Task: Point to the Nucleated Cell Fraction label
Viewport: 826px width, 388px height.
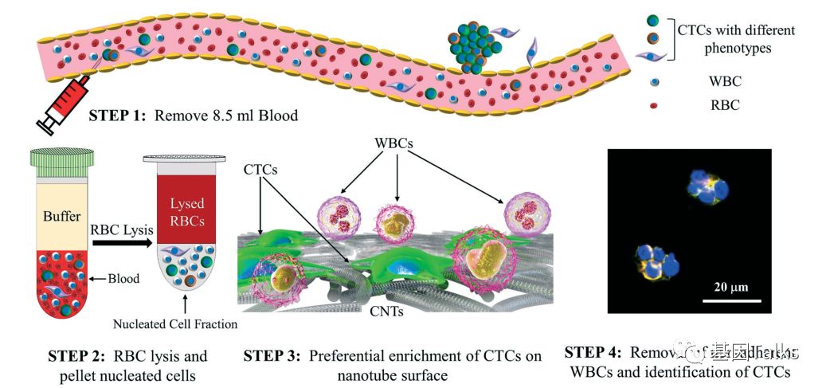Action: coord(175,324)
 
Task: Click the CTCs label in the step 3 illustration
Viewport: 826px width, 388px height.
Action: coord(260,169)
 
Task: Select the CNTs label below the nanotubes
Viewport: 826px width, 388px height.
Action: coord(386,311)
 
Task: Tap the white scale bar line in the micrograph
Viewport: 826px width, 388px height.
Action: coord(731,300)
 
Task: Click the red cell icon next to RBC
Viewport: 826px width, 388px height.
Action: coord(653,104)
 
